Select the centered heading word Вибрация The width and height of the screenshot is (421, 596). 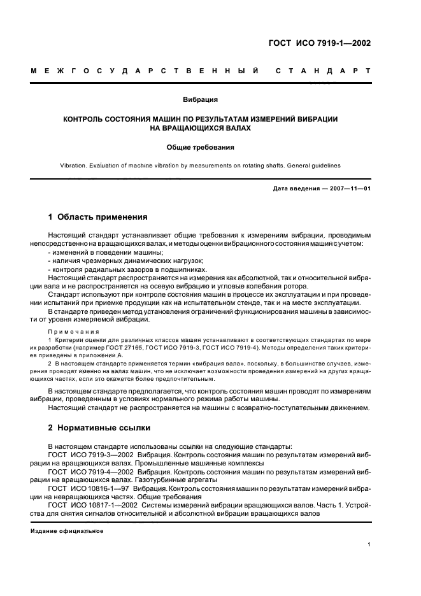[x=201, y=99]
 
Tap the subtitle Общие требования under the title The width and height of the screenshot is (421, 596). [x=201, y=147]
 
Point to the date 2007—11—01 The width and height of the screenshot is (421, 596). [x=349, y=189]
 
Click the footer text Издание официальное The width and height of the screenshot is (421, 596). [x=67, y=530]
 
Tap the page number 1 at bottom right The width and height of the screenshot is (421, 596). [x=369, y=544]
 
